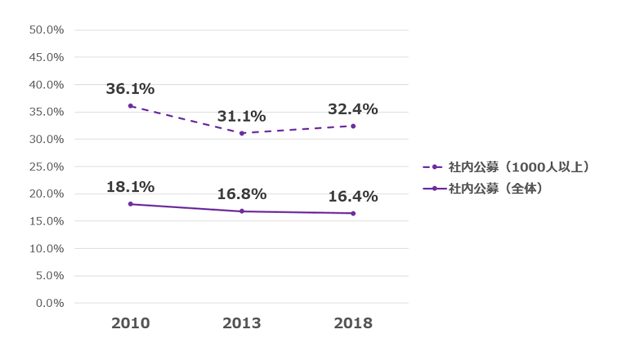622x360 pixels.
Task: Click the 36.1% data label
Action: click(x=130, y=89)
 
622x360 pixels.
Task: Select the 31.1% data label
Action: click(x=241, y=117)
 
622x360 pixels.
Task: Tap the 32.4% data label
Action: click(x=352, y=109)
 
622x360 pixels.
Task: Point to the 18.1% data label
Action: click(x=130, y=187)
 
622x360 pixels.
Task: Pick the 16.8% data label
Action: click(x=241, y=194)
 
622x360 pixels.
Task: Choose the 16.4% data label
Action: click(x=352, y=196)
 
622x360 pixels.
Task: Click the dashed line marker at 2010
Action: click(x=130, y=106)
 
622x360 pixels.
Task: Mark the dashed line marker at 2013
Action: click(x=242, y=133)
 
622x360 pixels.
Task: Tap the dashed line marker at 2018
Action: click(x=353, y=126)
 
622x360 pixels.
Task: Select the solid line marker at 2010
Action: click(x=130, y=204)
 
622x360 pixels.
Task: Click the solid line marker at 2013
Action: click(x=242, y=211)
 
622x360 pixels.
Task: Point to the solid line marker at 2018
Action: click(x=353, y=213)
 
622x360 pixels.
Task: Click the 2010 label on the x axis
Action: click(x=131, y=323)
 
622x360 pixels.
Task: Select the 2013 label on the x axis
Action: click(x=242, y=323)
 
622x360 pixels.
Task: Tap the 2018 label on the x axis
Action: click(x=353, y=323)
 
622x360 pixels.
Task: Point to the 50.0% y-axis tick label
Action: click(x=47, y=30)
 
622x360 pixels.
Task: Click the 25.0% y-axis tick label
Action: click(x=47, y=167)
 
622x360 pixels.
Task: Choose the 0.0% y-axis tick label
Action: click(x=50, y=303)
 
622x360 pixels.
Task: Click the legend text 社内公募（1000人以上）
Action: click(x=519, y=167)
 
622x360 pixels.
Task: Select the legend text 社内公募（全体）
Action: click(x=496, y=188)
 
